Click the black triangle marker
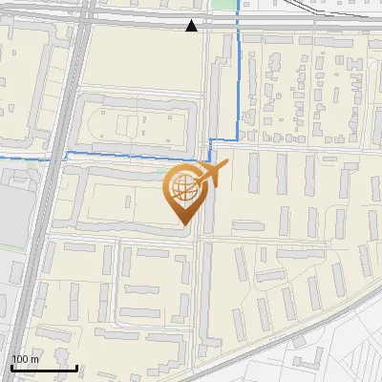click(x=192, y=26)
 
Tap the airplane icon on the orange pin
click(x=211, y=176)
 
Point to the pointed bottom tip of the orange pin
click(x=184, y=226)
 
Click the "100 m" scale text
click(x=25, y=359)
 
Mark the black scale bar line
click(x=44, y=368)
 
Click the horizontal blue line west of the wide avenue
click(x=29, y=156)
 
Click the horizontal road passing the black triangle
click(x=143, y=20)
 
